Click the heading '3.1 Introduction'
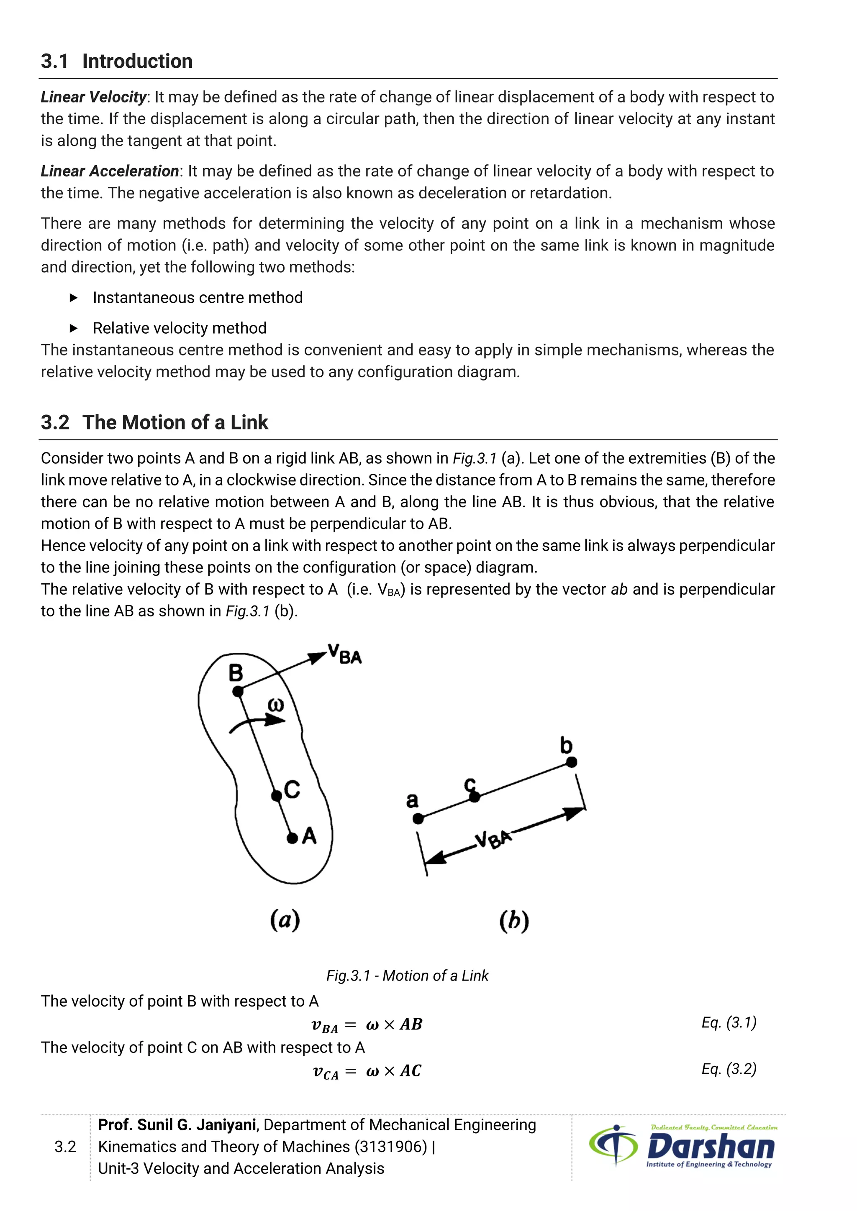click(117, 61)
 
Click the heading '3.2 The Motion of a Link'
click(154, 422)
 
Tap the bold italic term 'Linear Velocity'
click(93, 97)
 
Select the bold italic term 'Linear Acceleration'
click(110, 171)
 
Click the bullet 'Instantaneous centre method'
click(198, 298)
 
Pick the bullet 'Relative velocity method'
click(180, 328)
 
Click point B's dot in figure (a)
click(238, 691)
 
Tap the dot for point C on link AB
click(277, 795)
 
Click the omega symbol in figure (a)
click(275, 705)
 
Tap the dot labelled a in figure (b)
click(418, 819)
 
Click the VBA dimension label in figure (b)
click(493, 839)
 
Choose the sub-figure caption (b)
click(514, 921)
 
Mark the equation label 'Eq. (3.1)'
click(729, 1023)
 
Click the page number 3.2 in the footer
click(65, 1147)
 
